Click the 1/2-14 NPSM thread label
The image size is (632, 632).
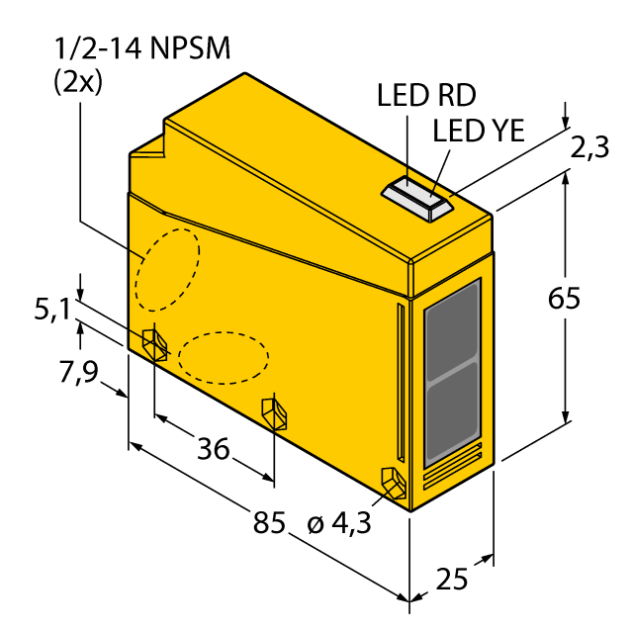coord(141,48)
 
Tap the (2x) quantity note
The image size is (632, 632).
coord(78,83)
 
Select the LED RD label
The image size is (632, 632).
coord(426,96)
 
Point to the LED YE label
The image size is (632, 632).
coord(479,131)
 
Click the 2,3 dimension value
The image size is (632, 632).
coord(589,148)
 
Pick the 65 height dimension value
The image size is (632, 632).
coord(564,299)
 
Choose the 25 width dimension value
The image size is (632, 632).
coord(452,580)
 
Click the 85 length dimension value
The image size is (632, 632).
coord(269,522)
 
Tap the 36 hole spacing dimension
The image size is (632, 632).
coord(213,448)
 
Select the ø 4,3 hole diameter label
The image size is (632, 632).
coord(338,524)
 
